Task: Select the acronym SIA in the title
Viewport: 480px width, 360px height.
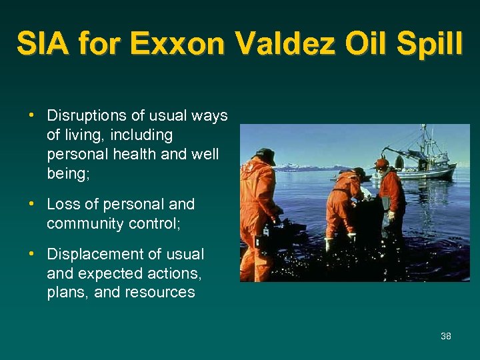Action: click(44, 45)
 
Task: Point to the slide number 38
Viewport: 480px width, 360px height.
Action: click(446, 336)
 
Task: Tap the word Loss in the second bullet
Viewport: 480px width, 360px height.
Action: click(63, 204)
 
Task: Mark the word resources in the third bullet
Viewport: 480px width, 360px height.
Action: click(162, 292)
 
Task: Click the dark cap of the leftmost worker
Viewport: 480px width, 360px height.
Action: click(265, 153)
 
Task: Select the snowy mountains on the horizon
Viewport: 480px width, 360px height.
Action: click(300, 167)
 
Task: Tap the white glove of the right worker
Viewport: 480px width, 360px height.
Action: click(391, 215)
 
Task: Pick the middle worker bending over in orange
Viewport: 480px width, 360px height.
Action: click(343, 203)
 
